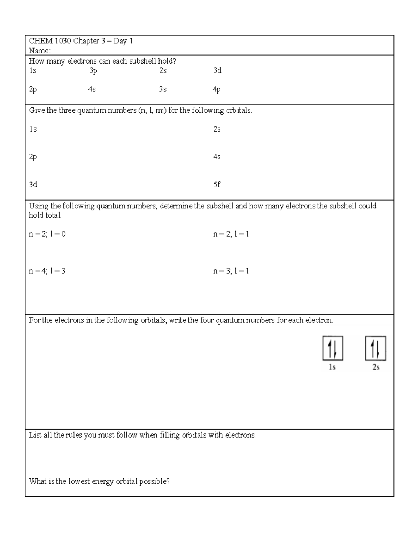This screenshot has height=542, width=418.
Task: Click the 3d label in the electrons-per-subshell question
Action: [x=217, y=70]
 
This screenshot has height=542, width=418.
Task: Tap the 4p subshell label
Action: [x=217, y=90]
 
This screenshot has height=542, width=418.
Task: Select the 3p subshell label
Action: [x=93, y=71]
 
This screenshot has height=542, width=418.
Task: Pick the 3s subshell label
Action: [x=163, y=89]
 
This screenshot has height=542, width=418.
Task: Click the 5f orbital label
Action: [x=217, y=185]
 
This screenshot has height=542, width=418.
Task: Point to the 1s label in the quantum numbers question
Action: [x=33, y=129]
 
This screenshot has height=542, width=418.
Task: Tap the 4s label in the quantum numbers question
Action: [x=217, y=157]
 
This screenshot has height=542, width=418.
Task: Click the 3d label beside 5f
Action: [x=33, y=185]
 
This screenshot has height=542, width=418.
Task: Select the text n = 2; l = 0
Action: [x=47, y=234]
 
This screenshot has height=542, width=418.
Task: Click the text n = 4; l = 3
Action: [x=47, y=271]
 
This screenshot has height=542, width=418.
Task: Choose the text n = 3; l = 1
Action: [x=231, y=271]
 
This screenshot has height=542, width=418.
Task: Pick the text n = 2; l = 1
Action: [x=231, y=234]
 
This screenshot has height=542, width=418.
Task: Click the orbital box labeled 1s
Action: [x=333, y=348]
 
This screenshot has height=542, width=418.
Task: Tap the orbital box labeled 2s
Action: [x=376, y=348]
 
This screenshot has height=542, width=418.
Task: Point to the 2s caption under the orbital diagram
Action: [x=376, y=367]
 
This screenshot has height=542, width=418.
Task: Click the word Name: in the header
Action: [x=39, y=51]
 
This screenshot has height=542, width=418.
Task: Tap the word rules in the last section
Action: [x=74, y=435]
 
